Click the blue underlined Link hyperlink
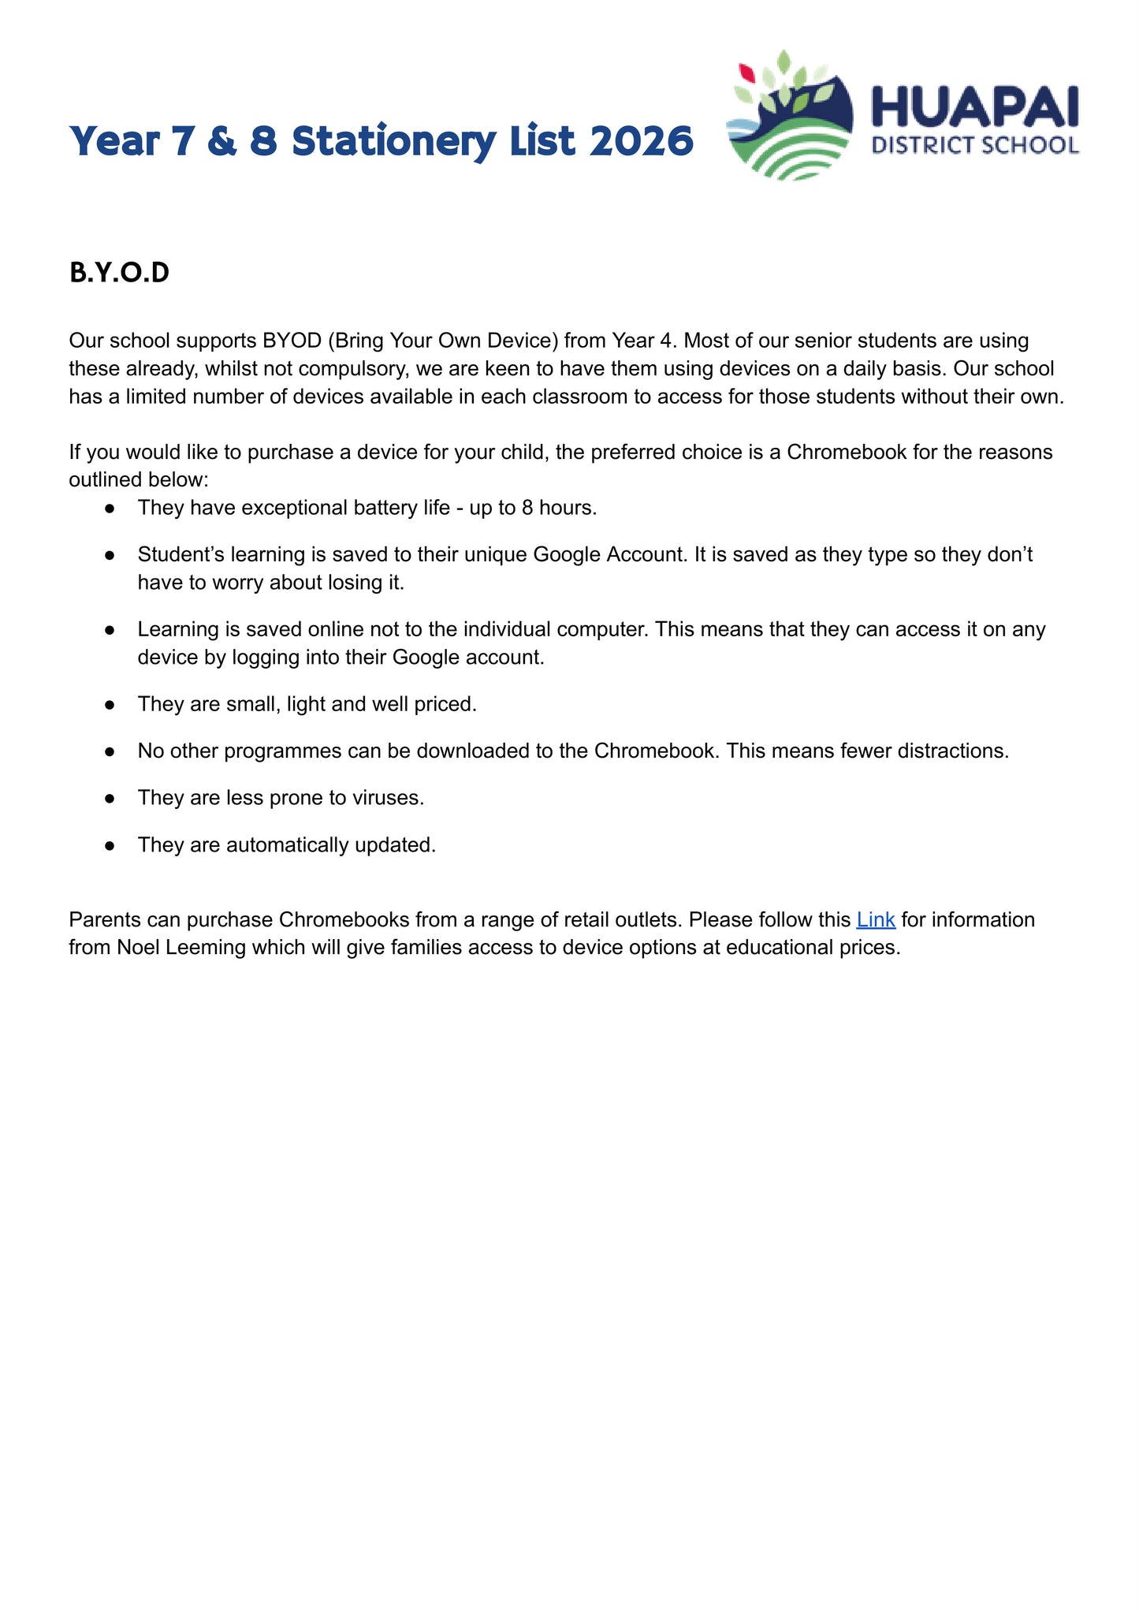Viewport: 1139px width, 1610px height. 875,919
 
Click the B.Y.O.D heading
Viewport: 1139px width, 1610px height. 119,273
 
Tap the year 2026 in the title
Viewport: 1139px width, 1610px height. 641,141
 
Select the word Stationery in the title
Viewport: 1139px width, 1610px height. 393,142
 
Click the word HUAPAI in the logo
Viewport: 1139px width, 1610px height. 974,108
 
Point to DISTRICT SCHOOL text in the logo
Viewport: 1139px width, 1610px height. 974,145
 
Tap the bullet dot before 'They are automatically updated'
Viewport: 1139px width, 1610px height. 110,845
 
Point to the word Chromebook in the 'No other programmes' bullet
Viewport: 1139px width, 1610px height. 655,751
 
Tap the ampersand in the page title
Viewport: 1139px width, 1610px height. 221,142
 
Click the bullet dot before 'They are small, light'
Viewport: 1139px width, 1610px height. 110,704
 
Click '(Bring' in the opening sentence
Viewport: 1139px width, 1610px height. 355,341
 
